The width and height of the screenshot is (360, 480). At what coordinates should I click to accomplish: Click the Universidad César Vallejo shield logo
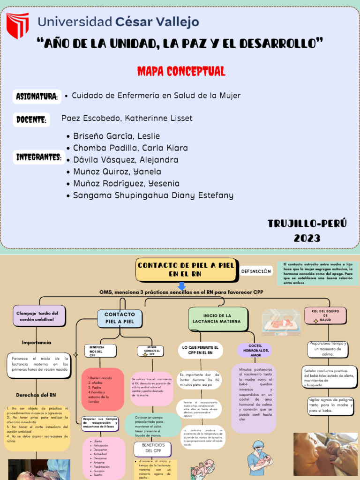click(x=17, y=26)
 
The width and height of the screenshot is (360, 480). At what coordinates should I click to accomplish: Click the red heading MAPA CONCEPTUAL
click(x=181, y=71)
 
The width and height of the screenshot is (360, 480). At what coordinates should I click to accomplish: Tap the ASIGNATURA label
click(x=37, y=97)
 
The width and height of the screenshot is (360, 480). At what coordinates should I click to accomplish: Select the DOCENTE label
click(x=31, y=120)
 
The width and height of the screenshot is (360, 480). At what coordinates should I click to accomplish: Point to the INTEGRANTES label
click(x=39, y=157)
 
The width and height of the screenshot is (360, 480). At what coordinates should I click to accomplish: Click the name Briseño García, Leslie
click(x=116, y=136)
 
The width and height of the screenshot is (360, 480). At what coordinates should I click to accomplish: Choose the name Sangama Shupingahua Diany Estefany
click(x=153, y=195)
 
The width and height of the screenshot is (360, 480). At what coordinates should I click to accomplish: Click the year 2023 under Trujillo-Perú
click(x=307, y=238)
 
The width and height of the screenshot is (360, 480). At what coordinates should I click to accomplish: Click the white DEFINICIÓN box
click(x=256, y=271)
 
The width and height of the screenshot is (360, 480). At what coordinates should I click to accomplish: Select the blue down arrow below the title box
click(x=182, y=285)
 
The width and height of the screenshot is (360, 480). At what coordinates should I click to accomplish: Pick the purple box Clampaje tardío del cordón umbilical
click(x=39, y=316)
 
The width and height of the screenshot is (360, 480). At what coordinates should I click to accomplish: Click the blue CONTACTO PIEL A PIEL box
click(x=120, y=318)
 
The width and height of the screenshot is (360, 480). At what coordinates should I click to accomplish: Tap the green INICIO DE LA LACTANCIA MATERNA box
click(x=217, y=318)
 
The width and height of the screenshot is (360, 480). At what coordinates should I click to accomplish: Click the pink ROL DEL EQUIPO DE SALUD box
click(x=325, y=315)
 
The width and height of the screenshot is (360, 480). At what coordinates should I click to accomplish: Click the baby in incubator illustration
click(x=281, y=322)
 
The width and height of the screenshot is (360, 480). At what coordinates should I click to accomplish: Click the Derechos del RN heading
click(x=36, y=395)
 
